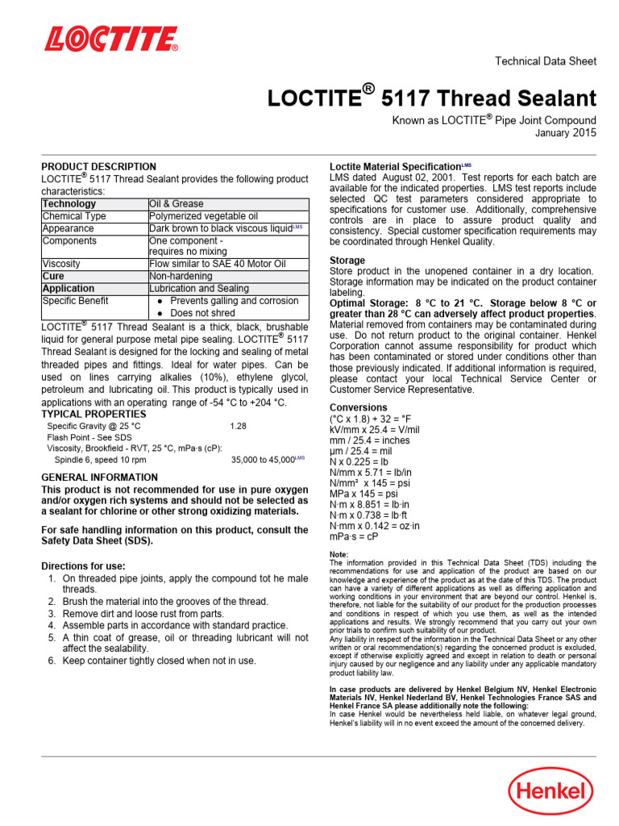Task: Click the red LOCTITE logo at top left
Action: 111,40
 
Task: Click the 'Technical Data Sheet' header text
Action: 545,61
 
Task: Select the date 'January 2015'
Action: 566,133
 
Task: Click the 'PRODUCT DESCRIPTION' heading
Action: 99,167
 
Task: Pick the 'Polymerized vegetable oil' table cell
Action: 203,216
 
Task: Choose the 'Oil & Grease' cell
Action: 177,204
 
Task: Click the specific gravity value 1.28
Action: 239,425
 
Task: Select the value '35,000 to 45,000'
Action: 263,460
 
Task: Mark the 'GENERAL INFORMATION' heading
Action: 100,478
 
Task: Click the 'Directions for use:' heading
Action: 83,565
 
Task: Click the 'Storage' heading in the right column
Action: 347,261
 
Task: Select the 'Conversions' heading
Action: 359,407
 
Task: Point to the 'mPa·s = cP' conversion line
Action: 354,536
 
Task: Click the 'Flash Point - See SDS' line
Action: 90,437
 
